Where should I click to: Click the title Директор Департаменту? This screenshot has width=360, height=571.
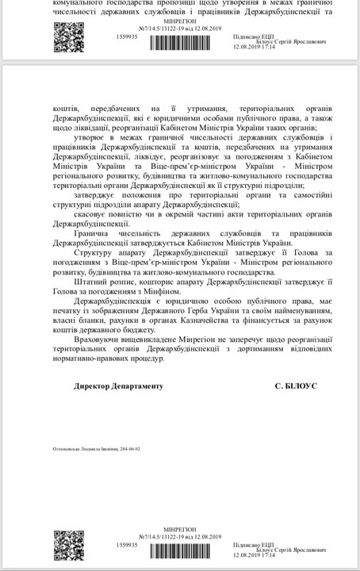pyautogui.click(x=117, y=385)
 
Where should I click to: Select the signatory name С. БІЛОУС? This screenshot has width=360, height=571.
pyautogui.click(x=296, y=385)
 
